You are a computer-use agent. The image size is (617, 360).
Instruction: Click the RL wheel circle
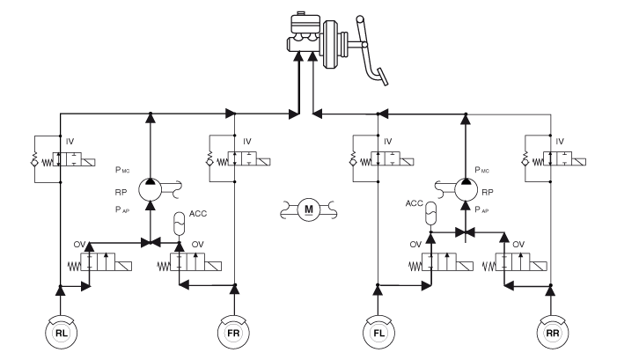click(x=60, y=334)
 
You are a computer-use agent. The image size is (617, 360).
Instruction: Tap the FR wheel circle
click(x=234, y=334)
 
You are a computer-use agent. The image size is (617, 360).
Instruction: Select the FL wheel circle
click(x=377, y=334)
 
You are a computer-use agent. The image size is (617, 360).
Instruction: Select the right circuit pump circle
click(x=463, y=184)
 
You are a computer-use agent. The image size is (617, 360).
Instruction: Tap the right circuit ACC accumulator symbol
click(x=430, y=212)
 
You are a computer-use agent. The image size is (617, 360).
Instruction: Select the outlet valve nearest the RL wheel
click(x=107, y=263)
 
